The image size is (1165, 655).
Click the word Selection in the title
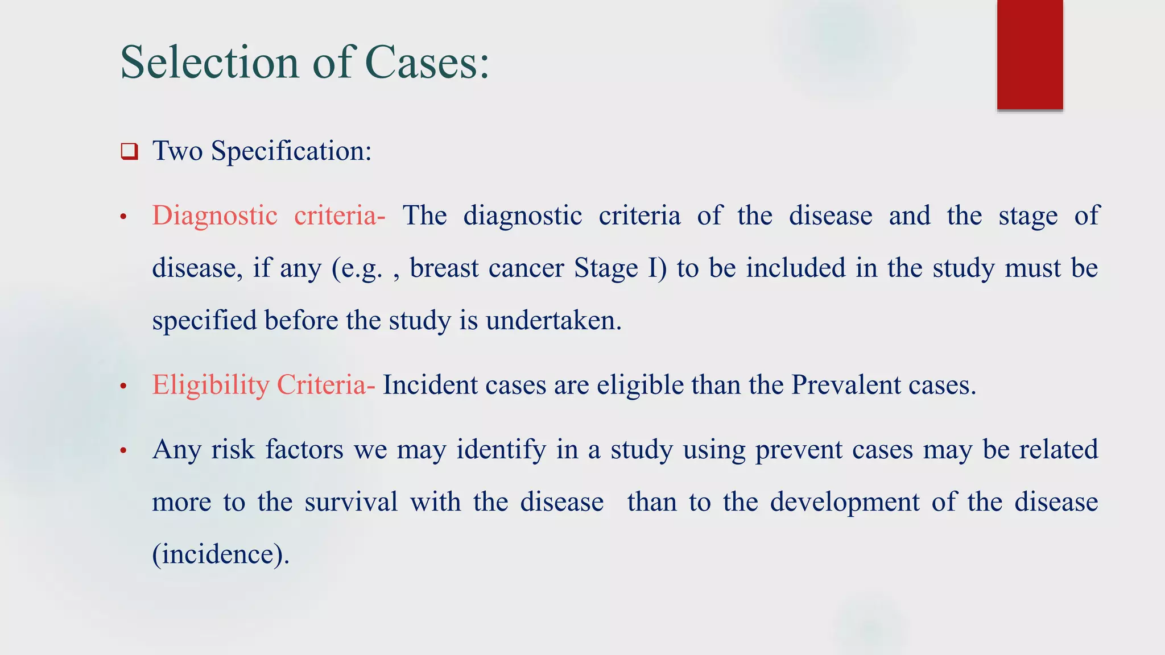pyautogui.click(x=209, y=63)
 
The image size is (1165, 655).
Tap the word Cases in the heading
pyautogui.click(x=427, y=63)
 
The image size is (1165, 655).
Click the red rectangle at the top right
pyautogui.click(x=1030, y=55)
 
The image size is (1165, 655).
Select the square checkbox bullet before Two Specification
pyautogui.click(x=130, y=152)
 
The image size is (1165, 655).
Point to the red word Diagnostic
pyautogui.click(x=214, y=216)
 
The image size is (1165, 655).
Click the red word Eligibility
pyautogui.click(x=210, y=385)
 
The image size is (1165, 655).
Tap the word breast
pyautogui.click(x=444, y=268)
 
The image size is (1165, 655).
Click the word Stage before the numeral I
pyautogui.click(x=606, y=268)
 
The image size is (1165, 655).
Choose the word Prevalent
pyautogui.click(x=845, y=385)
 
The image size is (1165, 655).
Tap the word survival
pyautogui.click(x=351, y=503)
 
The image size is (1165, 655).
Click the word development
pyautogui.click(x=845, y=503)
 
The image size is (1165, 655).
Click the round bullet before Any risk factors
pyautogui.click(x=123, y=451)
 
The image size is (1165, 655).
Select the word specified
pyautogui.click(x=205, y=321)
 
